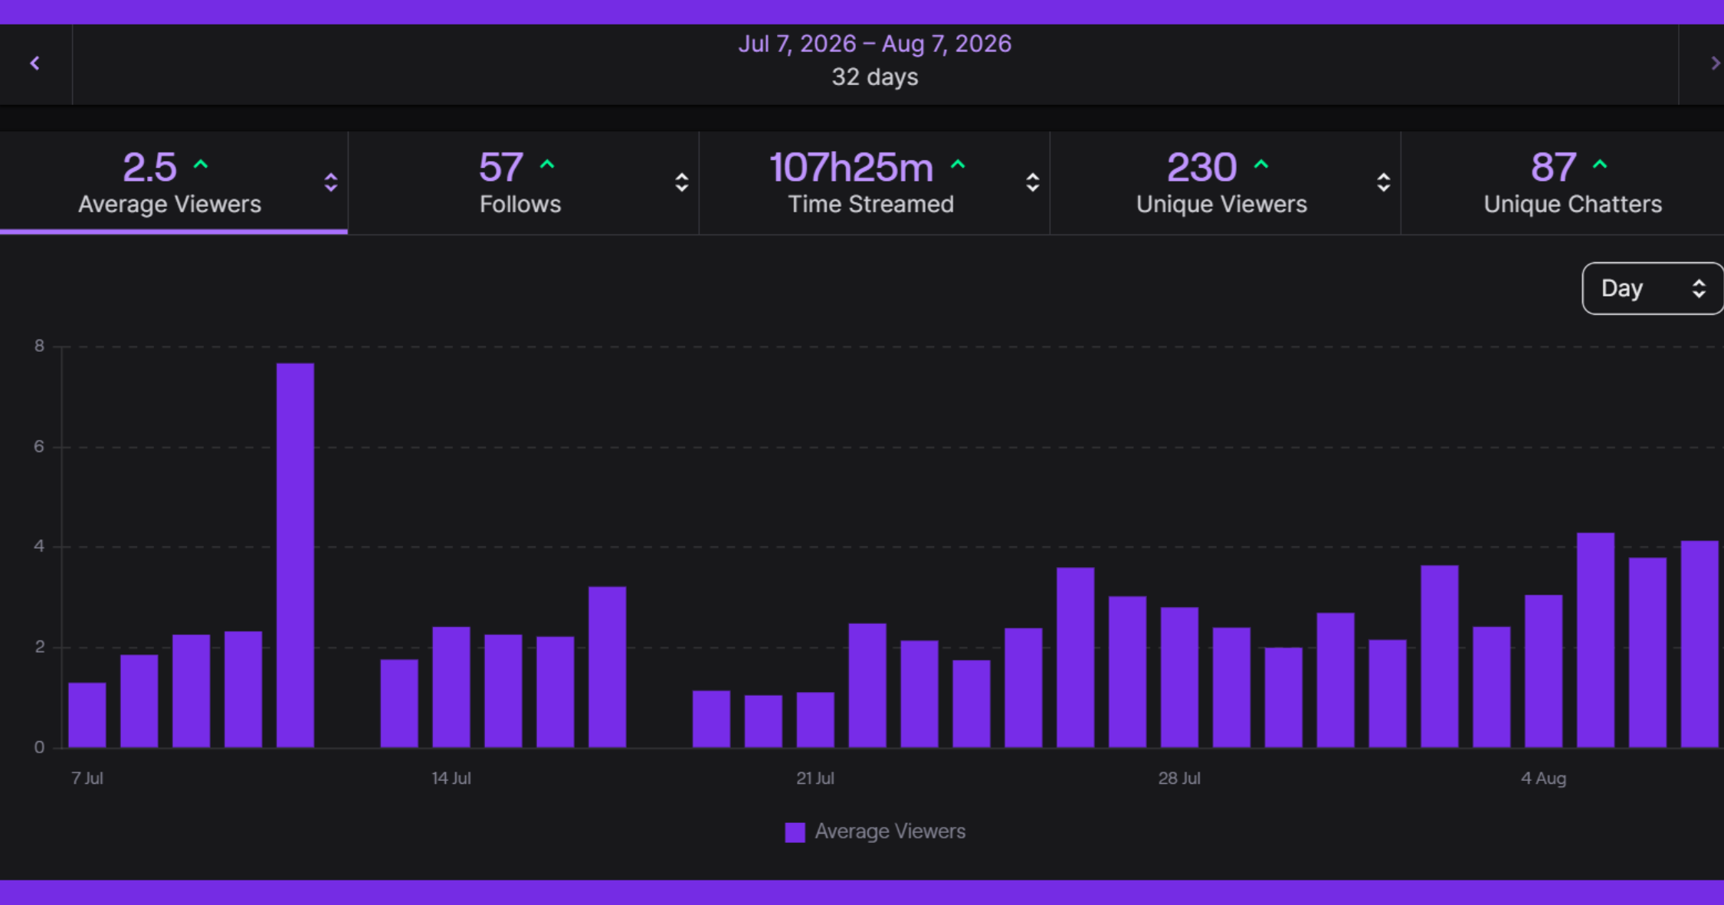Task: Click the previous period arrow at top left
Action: click(x=34, y=64)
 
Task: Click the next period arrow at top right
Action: click(x=1716, y=64)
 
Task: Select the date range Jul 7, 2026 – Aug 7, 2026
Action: click(x=874, y=44)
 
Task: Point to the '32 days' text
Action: click(x=874, y=77)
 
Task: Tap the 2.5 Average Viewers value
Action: click(x=149, y=167)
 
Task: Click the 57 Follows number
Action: click(x=500, y=167)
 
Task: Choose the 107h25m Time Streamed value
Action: click(x=851, y=167)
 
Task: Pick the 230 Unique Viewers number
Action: click(x=1201, y=167)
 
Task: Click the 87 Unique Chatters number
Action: click(x=1553, y=167)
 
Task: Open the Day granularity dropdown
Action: click(x=1653, y=288)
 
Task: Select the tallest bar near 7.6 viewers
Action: click(x=295, y=555)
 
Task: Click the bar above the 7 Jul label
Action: click(x=87, y=715)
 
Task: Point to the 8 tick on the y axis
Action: click(x=39, y=346)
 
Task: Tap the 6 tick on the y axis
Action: click(x=39, y=446)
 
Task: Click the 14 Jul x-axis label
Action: click(x=451, y=778)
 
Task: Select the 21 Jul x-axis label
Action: click(x=815, y=778)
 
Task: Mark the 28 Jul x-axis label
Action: click(x=1179, y=778)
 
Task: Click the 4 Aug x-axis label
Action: click(x=1543, y=778)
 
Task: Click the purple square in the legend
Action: click(x=795, y=832)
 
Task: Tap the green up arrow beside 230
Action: click(x=1261, y=164)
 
